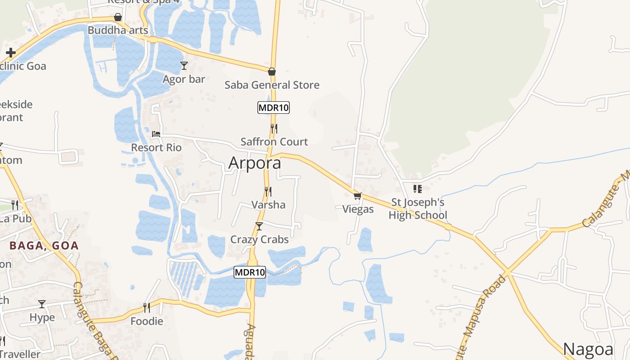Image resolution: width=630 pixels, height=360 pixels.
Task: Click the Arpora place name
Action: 255,162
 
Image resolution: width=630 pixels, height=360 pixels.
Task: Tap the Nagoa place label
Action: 588,349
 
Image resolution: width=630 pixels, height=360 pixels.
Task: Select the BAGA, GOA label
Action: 44,246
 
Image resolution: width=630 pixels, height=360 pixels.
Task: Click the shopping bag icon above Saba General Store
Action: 271,72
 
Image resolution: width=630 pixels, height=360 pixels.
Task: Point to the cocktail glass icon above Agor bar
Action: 184,66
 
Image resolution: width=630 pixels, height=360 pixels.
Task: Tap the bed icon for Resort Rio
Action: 156,134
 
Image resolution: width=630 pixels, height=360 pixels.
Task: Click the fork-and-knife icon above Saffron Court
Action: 274,129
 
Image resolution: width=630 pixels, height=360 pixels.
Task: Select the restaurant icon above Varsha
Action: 268,192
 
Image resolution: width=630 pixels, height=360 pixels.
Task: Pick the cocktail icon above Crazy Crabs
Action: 259,226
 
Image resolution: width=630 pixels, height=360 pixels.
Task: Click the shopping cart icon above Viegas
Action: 358,196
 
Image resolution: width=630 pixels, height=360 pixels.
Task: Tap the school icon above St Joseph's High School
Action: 417,189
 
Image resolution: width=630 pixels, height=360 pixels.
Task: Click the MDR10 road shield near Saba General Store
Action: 273,108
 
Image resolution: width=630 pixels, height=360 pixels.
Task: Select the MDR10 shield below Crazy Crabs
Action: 250,272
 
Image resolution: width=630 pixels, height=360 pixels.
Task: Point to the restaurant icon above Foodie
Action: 146,308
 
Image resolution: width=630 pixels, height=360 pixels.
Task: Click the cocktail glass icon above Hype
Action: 42,304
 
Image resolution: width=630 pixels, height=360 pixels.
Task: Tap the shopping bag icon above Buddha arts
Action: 118,17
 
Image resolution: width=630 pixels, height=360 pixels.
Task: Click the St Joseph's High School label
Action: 418,209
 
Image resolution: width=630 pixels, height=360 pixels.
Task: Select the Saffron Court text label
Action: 274,142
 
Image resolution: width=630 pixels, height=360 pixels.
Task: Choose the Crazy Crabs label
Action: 260,239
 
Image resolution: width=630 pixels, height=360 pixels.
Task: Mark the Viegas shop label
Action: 358,209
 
